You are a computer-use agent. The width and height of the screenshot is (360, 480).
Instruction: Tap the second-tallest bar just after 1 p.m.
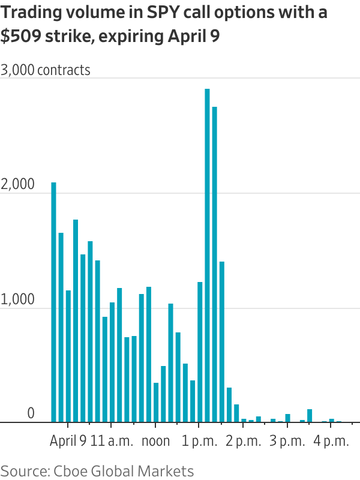point(214,264)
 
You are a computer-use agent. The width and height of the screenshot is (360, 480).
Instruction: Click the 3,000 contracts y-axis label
point(46,70)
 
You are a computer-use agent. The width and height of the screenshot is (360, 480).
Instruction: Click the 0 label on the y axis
point(31,414)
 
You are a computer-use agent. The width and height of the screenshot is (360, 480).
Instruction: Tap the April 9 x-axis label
point(68,441)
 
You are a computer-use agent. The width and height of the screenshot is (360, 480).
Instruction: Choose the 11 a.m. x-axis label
point(112,441)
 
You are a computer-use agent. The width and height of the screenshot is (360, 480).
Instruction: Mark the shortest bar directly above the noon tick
point(156,402)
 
